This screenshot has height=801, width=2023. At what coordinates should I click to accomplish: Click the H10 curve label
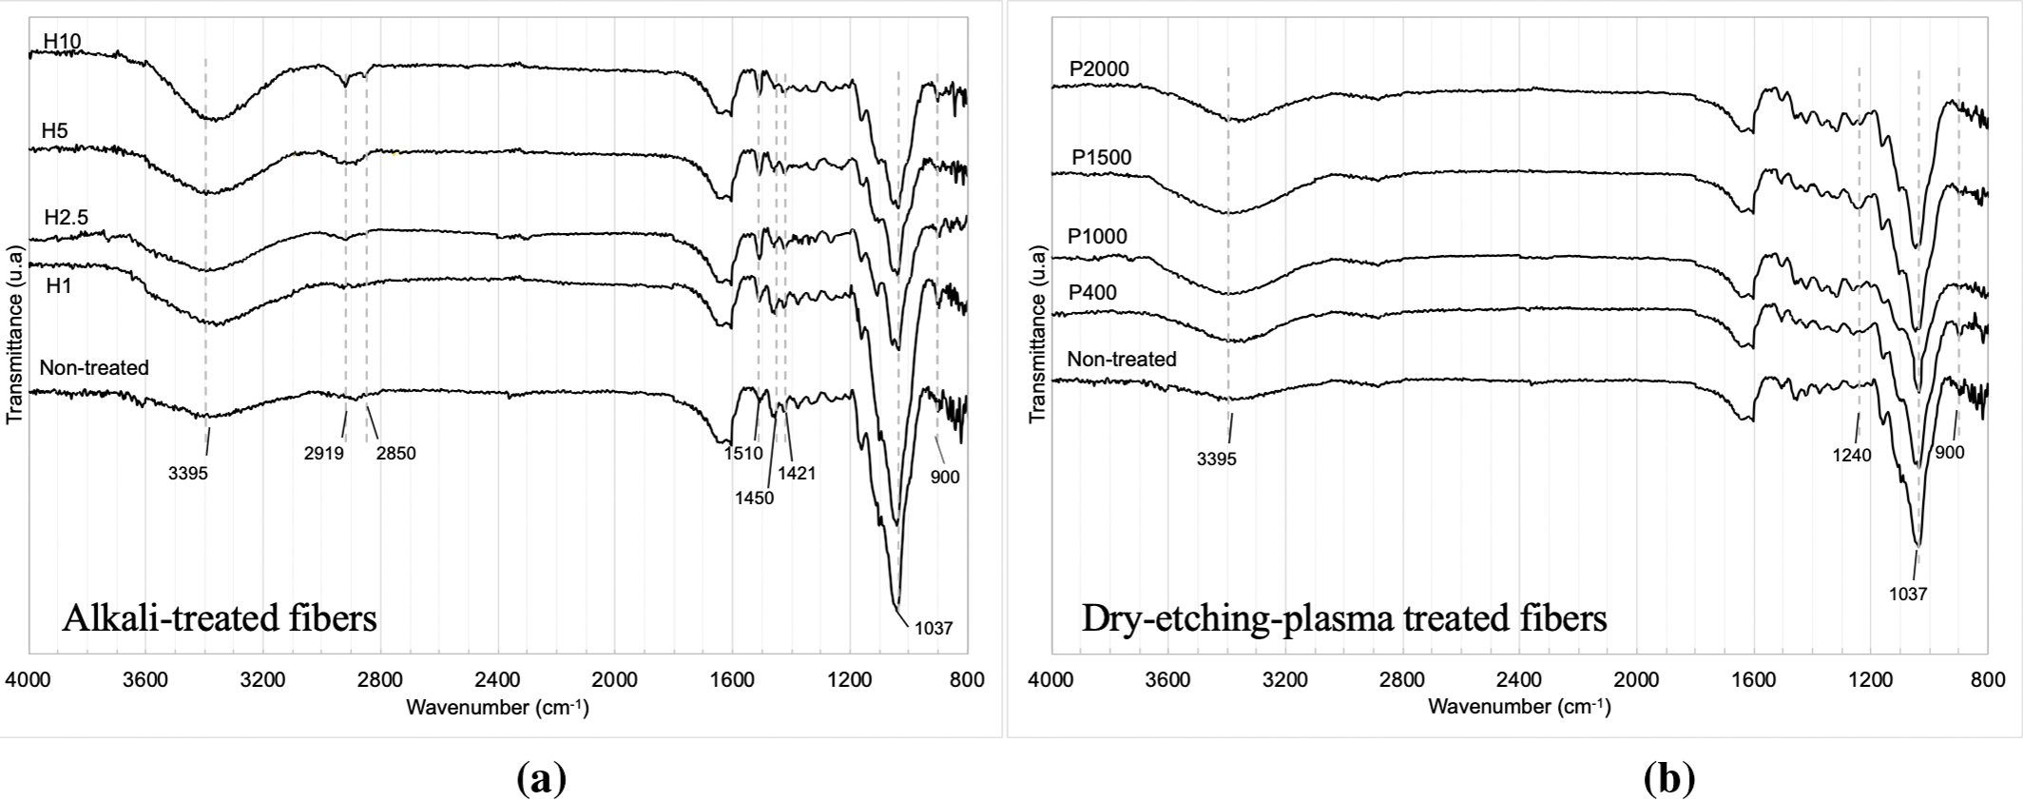tap(62, 40)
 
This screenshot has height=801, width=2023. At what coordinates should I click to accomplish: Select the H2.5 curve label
tap(66, 218)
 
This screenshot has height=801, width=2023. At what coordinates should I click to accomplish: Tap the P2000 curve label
tap(1099, 68)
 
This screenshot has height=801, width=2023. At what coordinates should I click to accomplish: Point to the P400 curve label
tap(1092, 293)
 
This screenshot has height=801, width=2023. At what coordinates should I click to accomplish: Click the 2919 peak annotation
tap(323, 453)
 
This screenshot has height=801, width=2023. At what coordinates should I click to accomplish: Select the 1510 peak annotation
tap(744, 453)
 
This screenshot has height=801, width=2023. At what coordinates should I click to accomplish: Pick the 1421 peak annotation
tap(797, 473)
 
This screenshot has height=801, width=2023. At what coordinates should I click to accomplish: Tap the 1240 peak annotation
tap(1852, 456)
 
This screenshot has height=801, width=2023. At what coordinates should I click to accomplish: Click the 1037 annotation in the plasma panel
tap(1908, 595)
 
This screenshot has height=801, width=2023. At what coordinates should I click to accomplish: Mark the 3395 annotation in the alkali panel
tap(188, 473)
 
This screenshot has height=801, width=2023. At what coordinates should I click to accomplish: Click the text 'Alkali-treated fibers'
tap(220, 619)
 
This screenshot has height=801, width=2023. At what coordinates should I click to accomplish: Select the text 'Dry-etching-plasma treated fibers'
tap(1344, 618)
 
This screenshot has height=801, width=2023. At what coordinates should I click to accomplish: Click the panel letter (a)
tap(541, 779)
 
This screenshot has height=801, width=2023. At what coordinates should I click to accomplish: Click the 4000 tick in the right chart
tap(1050, 680)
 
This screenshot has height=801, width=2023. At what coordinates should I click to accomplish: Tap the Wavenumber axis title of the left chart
tap(497, 708)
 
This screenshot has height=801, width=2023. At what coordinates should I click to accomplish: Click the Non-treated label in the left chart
tap(94, 368)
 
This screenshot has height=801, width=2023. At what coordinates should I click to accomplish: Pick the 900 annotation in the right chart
tap(1950, 453)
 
